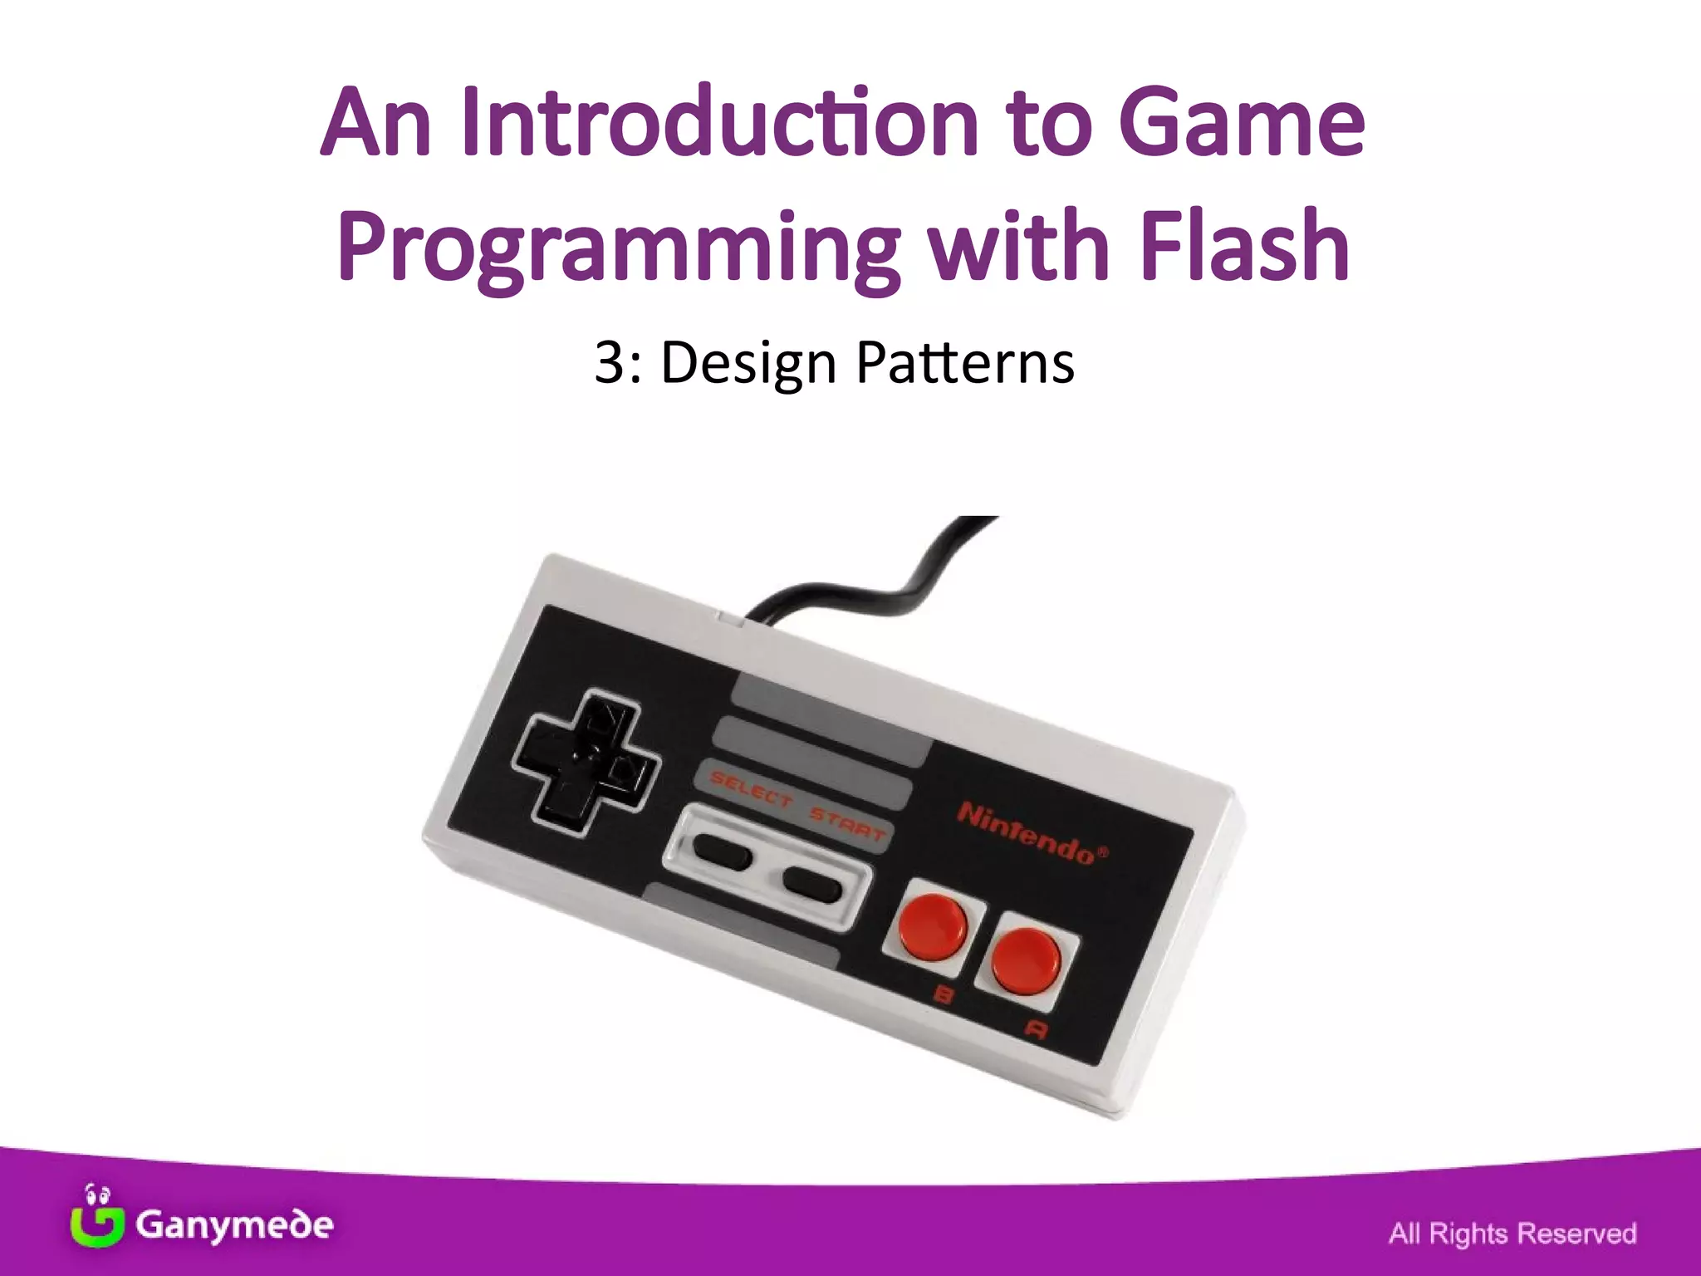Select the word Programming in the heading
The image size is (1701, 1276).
[618, 248]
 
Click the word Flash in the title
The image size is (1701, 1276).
[1243, 246]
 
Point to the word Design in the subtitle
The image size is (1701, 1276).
[748, 364]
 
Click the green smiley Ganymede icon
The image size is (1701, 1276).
[96, 1218]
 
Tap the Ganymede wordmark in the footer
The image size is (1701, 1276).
[234, 1224]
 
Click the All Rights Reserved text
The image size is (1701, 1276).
[1512, 1233]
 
